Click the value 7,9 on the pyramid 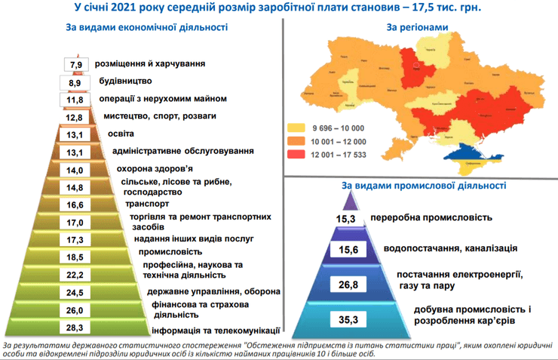click(x=74, y=64)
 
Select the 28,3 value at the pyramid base click(x=74, y=327)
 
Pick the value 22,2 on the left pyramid click(x=74, y=275)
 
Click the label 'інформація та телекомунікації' click(x=216, y=331)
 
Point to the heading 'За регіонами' click(x=417, y=27)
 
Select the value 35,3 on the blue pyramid click(x=347, y=320)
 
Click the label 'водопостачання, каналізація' click(x=450, y=248)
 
